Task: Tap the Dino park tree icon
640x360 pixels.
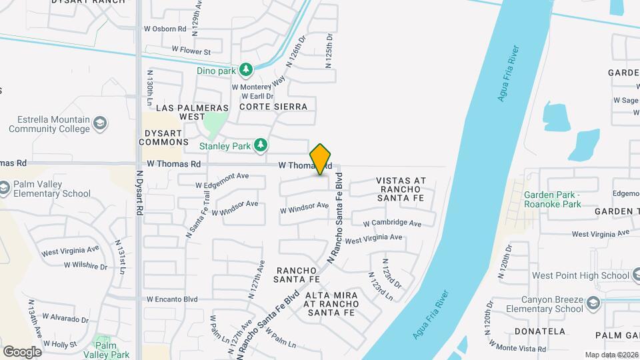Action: pyautogui.click(x=246, y=69)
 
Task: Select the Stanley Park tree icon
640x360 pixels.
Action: pyautogui.click(x=263, y=144)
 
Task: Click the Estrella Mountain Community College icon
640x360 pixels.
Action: pyautogui.click(x=99, y=124)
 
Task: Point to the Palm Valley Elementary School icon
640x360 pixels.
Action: pyautogui.click(x=4, y=189)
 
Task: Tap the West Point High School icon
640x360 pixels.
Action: pyautogui.click(x=625, y=275)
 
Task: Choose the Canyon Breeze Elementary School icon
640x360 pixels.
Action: pyautogui.click(x=593, y=304)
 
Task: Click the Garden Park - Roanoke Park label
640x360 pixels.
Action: pyautogui.click(x=552, y=199)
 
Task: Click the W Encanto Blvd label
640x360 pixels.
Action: pyautogui.click(x=173, y=299)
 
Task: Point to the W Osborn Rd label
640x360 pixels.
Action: pyautogui.click(x=164, y=29)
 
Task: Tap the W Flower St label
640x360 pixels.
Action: pyautogui.click(x=191, y=51)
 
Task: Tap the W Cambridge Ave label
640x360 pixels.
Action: pyautogui.click(x=392, y=223)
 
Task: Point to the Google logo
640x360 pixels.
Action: pyautogui.click(x=22, y=351)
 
